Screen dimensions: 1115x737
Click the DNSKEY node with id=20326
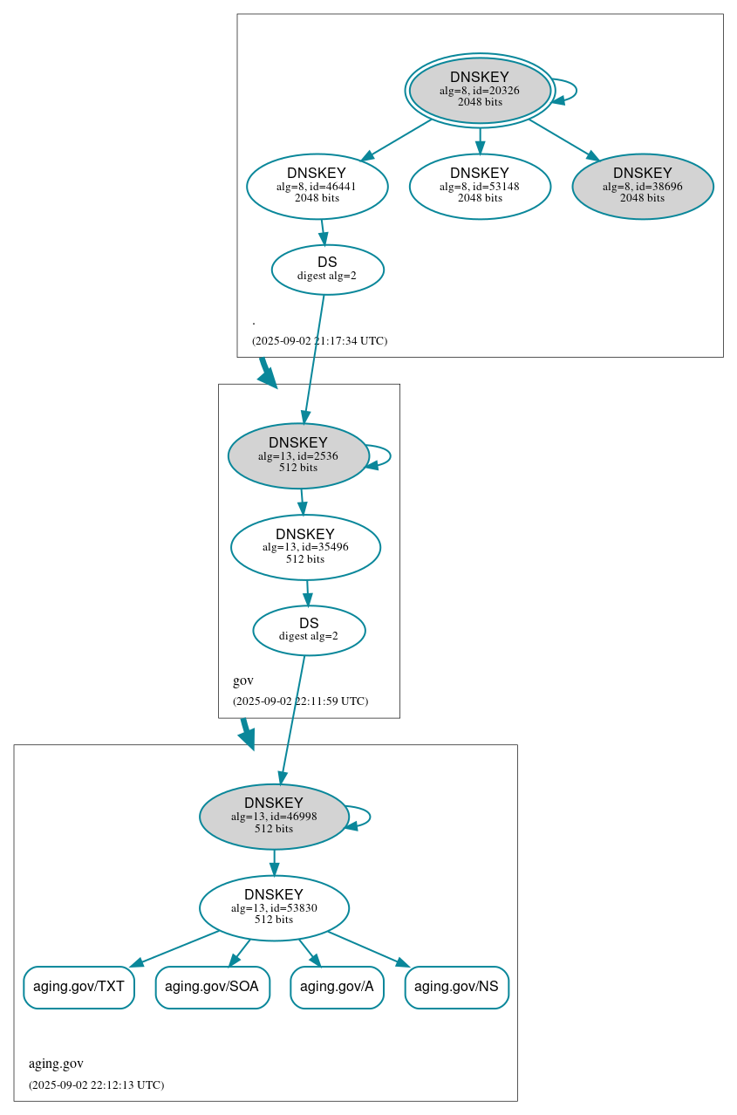coord(480,90)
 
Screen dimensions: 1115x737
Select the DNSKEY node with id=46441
coord(317,186)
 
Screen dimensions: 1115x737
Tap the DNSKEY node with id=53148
coord(480,186)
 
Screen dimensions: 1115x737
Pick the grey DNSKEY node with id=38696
coord(643,186)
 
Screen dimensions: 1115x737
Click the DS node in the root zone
coord(327,270)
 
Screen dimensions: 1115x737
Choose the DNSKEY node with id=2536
coord(298,455)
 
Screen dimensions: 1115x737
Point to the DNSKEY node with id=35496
coord(305,547)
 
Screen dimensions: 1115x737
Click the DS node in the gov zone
coord(309,630)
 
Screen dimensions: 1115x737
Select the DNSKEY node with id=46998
coord(274,817)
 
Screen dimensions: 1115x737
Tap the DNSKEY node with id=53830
coord(274,907)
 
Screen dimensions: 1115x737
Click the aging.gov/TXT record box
coord(78,987)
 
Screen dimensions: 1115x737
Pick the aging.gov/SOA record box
coord(212,987)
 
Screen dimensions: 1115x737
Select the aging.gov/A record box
coord(337,987)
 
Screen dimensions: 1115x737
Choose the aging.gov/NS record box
coord(456,987)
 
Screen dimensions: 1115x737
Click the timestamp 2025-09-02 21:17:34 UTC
coord(319,340)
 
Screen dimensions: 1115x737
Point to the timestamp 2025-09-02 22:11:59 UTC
coord(300,701)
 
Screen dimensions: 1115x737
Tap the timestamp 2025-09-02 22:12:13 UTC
coord(96,1084)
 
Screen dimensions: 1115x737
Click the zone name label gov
coord(243,681)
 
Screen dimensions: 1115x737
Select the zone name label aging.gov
coord(56,1064)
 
